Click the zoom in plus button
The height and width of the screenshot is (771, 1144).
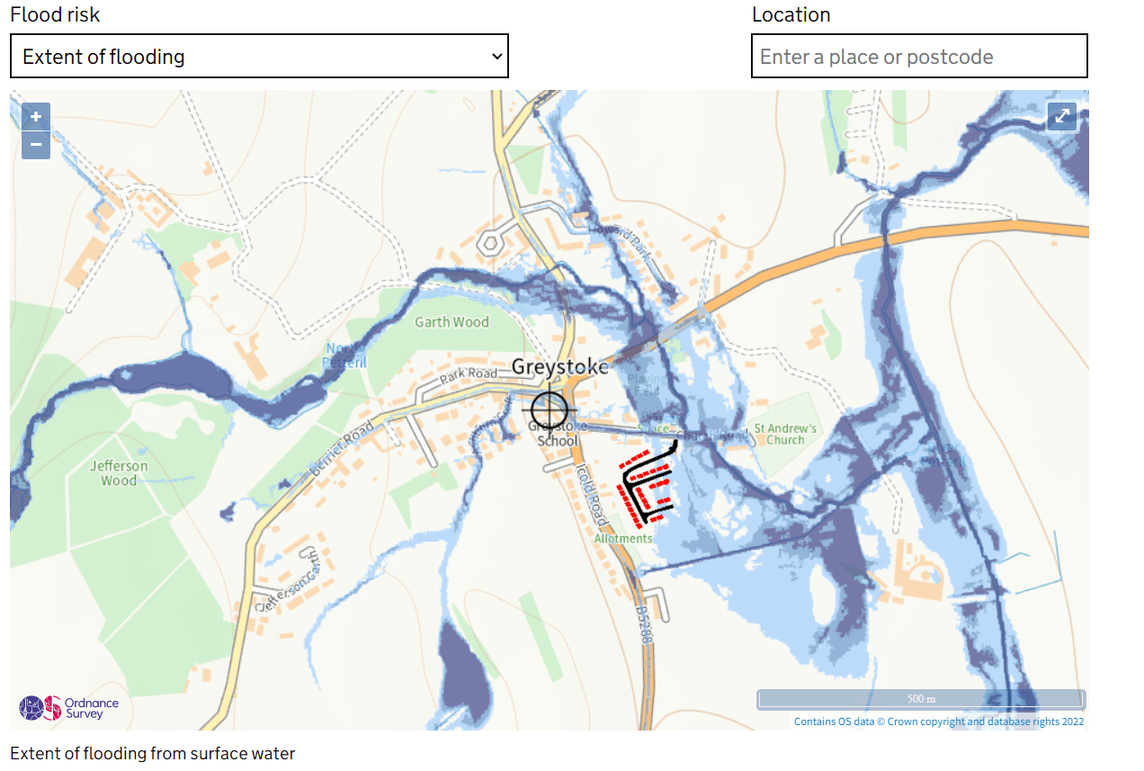pyautogui.click(x=36, y=116)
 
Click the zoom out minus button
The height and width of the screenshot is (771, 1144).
pyautogui.click(x=36, y=145)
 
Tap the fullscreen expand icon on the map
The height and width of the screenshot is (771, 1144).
pyautogui.click(x=1062, y=116)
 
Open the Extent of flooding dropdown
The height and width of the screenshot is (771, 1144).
pyautogui.click(x=259, y=57)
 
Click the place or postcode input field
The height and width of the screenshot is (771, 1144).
pyautogui.click(x=918, y=57)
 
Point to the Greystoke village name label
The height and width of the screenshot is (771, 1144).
pyautogui.click(x=559, y=367)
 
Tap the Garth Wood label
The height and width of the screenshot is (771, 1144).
pyautogui.click(x=451, y=322)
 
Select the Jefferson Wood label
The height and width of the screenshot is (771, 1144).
pyautogui.click(x=119, y=473)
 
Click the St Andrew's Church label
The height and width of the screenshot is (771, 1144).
pyautogui.click(x=785, y=434)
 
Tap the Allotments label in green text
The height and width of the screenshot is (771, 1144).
pyautogui.click(x=623, y=538)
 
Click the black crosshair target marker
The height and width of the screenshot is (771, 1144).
pyautogui.click(x=550, y=410)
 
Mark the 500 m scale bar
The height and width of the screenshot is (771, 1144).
pyautogui.click(x=921, y=699)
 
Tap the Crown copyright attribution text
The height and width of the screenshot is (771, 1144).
pyautogui.click(x=938, y=722)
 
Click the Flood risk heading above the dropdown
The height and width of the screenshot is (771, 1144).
pyautogui.click(x=55, y=14)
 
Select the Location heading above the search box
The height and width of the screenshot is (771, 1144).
pyautogui.click(x=791, y=14)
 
